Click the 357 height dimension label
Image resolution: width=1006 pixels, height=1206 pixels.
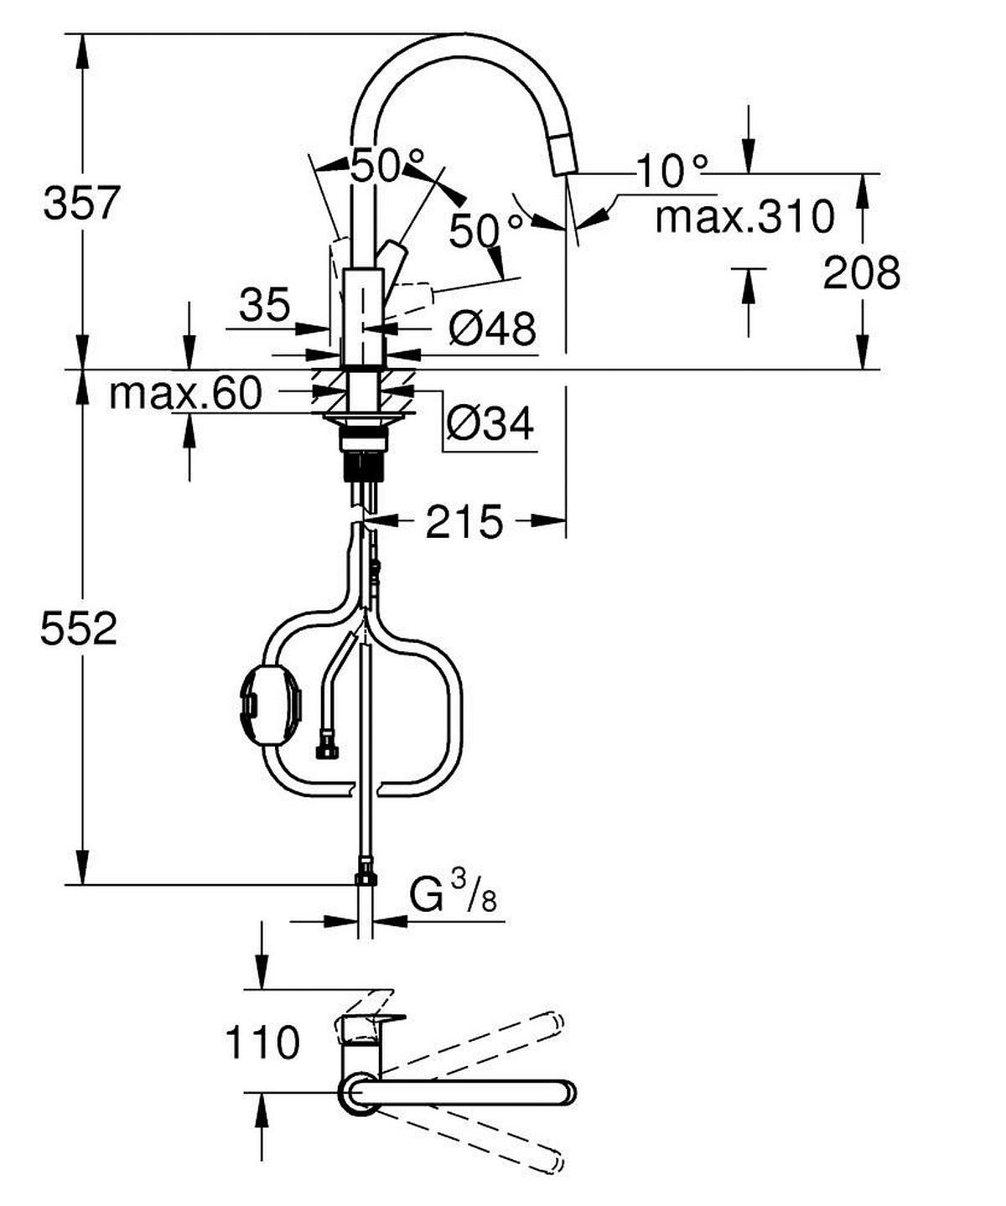tap(82, 204)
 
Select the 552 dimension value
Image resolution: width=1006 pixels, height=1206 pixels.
tap(79, 629)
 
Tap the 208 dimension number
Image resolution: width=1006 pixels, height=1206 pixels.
tap(861, 273)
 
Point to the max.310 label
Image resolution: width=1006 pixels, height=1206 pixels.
tap(744, 217)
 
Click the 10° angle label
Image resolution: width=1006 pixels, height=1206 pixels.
tap(672, 171)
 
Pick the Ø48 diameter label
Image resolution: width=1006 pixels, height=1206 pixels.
tap(491, 328)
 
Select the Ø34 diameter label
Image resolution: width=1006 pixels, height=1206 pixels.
tap(490, 424)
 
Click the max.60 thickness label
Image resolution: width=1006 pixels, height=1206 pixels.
tap(185, 393)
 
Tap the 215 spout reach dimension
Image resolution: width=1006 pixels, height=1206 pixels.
tap(464, 522)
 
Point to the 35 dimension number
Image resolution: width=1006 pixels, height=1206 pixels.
tap(264, 305)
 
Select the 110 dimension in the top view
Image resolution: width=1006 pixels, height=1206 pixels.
tap(262, 1043)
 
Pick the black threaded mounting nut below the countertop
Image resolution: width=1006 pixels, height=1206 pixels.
tap(364, 464)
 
